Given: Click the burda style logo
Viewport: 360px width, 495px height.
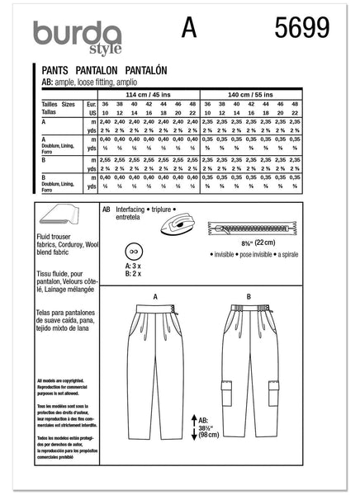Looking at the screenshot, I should tap(73, 33).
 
